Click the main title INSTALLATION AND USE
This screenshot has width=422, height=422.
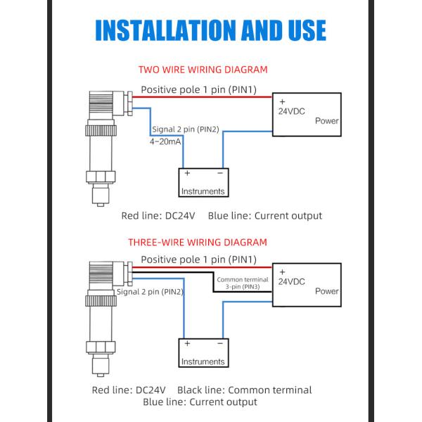(211, 30)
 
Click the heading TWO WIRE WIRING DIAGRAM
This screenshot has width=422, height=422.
(203, 70)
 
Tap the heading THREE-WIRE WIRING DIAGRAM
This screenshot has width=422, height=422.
(198, 243)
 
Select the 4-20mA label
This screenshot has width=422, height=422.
(165, 141)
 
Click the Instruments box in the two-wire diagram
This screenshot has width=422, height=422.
(203, 182)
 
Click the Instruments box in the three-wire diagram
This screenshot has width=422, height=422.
(203, 353)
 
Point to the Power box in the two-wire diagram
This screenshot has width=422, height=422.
(307, 115)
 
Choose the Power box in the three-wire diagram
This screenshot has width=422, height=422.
(307, 285)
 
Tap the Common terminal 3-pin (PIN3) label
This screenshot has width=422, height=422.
(243, 283)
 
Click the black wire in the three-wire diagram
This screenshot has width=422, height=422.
(213, 282)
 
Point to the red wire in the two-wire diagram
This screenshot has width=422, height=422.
(203, 97)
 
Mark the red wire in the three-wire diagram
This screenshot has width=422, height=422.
(203, 267)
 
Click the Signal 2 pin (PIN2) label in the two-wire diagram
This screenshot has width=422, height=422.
(186, 129)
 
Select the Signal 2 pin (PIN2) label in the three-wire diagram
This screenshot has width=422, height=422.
(150, 292)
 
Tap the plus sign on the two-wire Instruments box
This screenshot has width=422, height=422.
(187, 173)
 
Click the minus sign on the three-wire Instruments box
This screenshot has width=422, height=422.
(220, 343)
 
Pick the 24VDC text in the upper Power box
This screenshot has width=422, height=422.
(291, 111)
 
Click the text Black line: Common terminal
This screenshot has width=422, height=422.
(244, 390)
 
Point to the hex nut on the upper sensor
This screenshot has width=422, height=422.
(101, 177)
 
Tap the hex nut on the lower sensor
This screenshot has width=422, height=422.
(101, 347)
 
